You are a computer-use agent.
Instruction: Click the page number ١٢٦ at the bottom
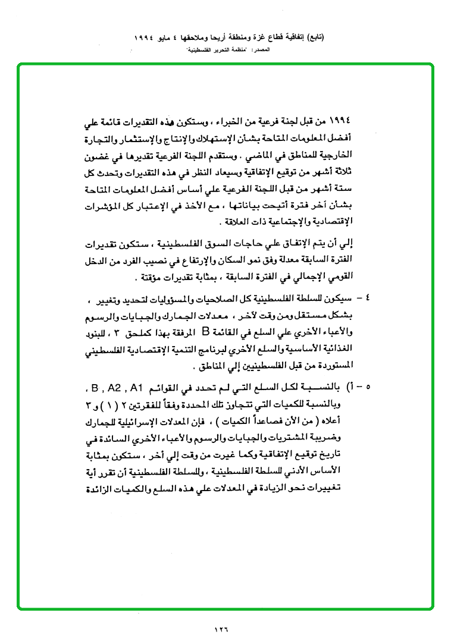221,629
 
